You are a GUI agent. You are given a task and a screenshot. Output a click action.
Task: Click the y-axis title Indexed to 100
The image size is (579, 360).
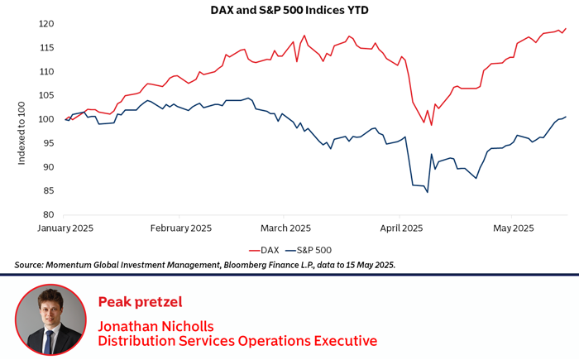22,119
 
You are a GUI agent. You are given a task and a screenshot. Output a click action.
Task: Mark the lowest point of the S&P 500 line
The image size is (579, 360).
428,193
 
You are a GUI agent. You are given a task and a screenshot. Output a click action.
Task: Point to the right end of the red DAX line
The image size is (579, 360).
567,28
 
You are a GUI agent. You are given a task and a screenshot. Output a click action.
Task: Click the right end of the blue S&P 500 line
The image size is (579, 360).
567,117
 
